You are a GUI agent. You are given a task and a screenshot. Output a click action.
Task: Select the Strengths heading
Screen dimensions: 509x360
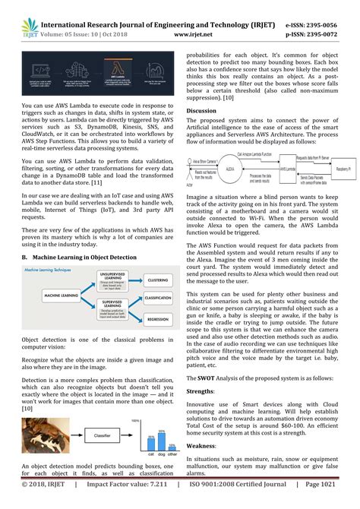click(x=201, y=388)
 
